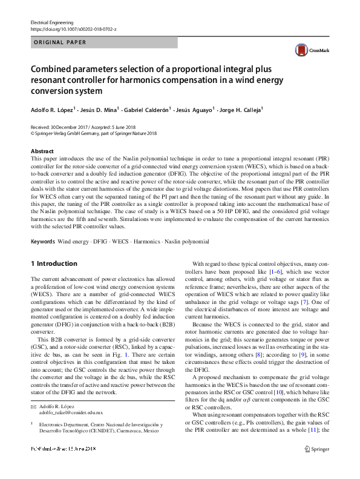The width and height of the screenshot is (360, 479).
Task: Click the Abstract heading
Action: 42,151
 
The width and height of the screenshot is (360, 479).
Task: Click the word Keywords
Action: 42,241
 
